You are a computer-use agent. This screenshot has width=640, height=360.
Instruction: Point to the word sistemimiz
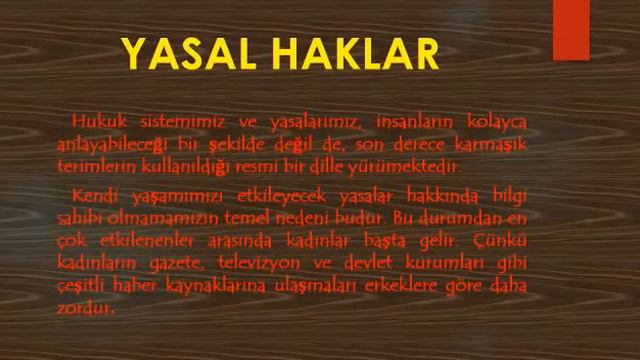click(173, 122)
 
